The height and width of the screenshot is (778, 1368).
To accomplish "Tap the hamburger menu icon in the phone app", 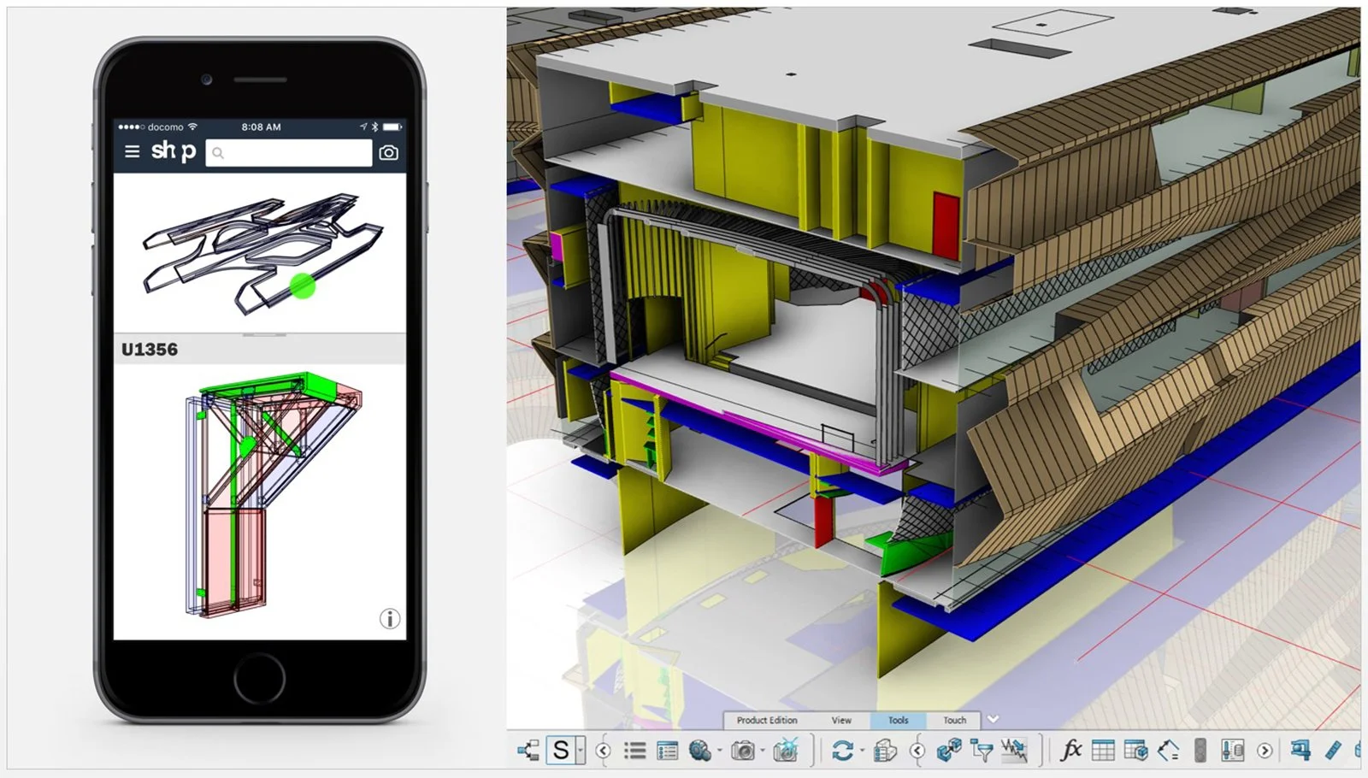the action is [x=132, y=151].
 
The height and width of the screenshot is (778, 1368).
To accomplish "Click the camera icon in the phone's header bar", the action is [x=388, y=153].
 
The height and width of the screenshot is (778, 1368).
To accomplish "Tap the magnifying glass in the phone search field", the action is [x=218, y=153].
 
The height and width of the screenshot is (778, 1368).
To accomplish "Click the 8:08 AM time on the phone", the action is [x=261, y=127].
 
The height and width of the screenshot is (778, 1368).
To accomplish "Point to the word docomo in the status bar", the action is [x=165, y=127].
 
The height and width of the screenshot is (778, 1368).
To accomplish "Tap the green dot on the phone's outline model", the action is [x=303, y=286].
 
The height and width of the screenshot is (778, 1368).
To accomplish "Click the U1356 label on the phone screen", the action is [x=150, y=350].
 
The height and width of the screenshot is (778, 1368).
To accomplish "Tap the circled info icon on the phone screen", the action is [x=390, y=619].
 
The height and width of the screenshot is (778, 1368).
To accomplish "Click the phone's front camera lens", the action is [x=206, y=80].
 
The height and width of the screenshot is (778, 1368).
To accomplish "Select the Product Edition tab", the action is [x=767, y=721].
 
